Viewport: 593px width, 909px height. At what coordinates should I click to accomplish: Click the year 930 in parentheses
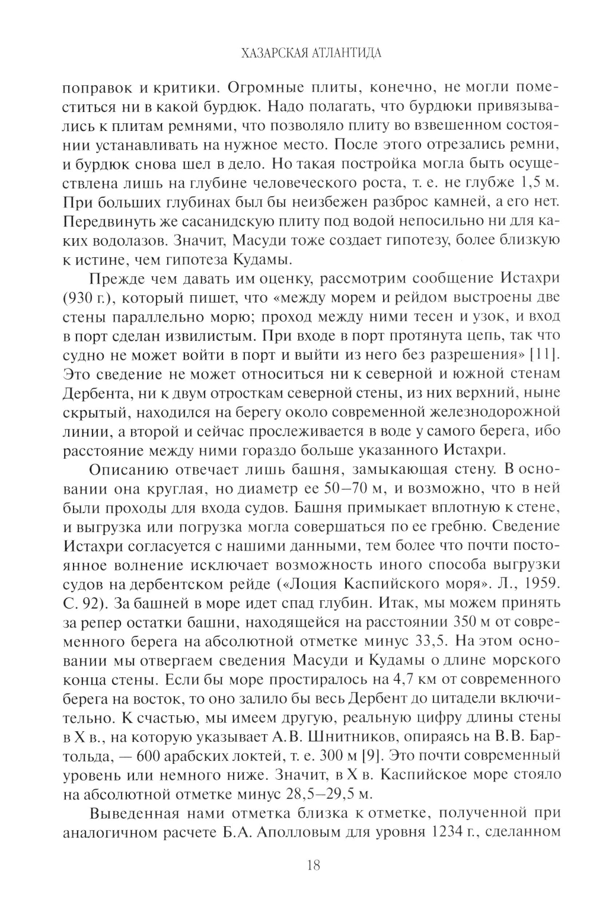[x=75, y=297]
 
